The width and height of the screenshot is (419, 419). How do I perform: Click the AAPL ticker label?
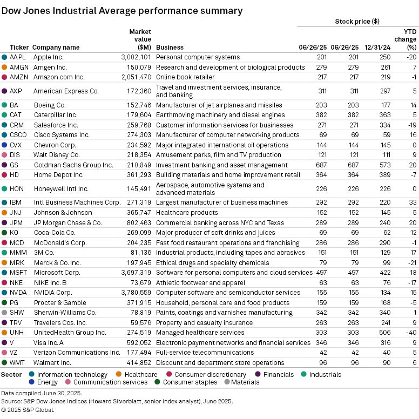pyautogui.click(x=18, y=57)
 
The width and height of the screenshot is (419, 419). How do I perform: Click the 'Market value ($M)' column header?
pyautogui.click(x=140, y=39)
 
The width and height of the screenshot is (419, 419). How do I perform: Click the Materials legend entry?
pyautogui.click(x=245, y=382)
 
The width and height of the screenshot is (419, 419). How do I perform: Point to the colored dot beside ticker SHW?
pyautogui.click(x=5, y=312)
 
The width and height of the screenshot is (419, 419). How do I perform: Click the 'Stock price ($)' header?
pyautogui.click(x=357, y=22)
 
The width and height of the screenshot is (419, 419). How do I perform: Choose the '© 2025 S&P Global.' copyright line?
pyautogui.click(x=28, y=410)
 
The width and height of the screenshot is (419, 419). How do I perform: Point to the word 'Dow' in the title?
pyautogui.click(x=11, y=11)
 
